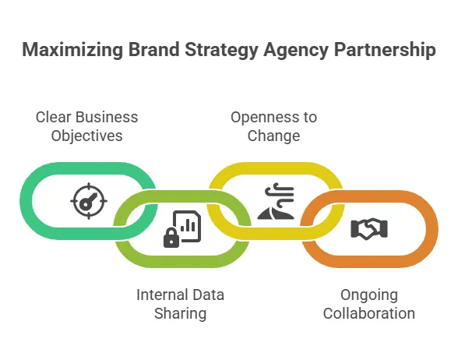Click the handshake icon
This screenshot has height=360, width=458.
click(x=369, y=228)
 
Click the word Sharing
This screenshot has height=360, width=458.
click(x=179, y=313)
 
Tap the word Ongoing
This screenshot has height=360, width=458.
click(x=369, y=295)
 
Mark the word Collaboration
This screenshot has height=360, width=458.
click(x=368, y=313)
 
